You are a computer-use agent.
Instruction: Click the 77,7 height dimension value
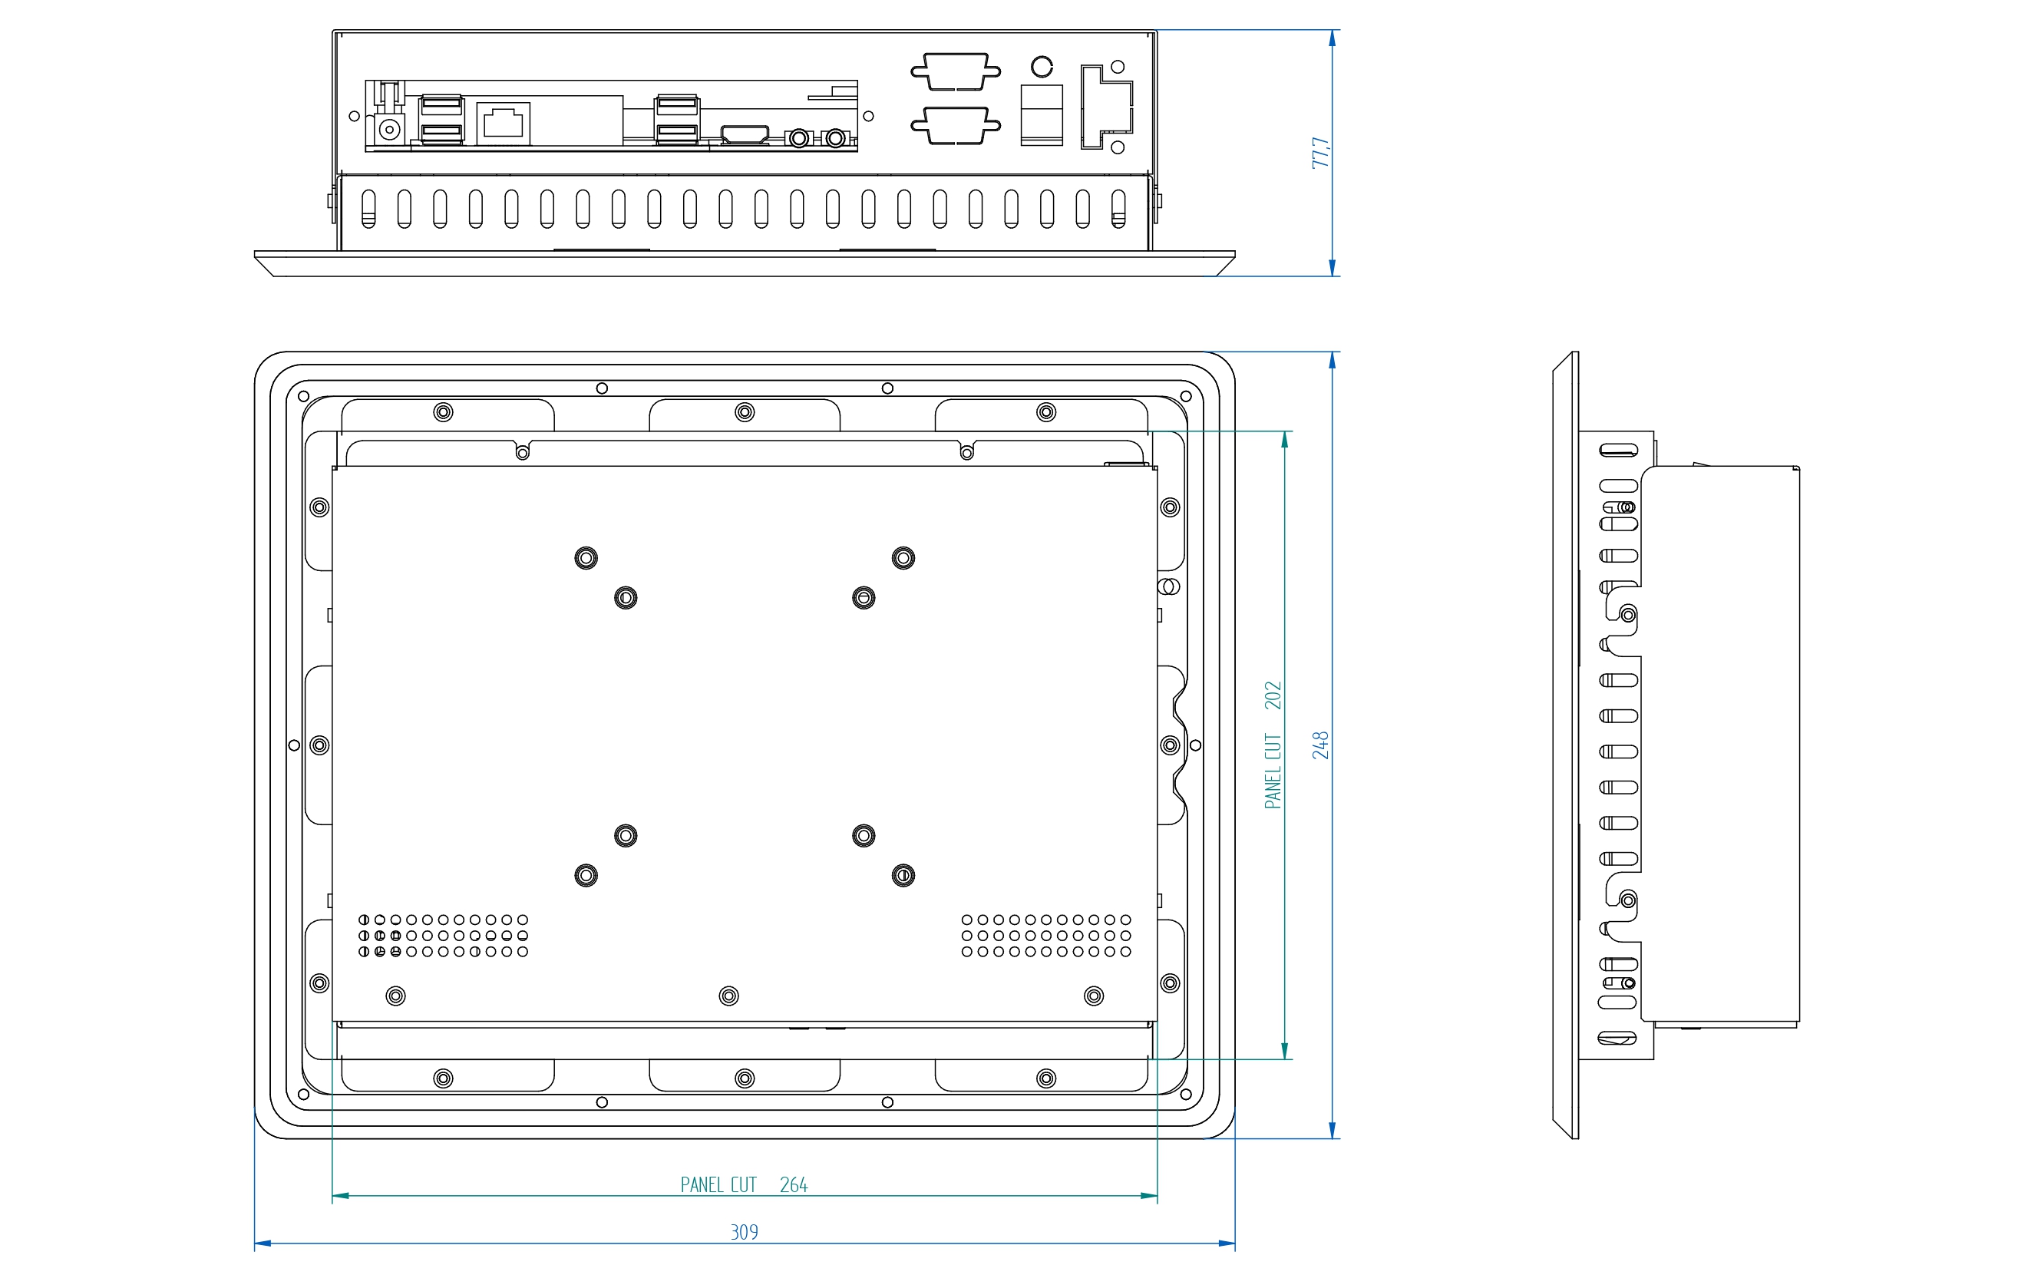click(x=1321, y=153)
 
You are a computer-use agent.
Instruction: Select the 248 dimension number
click(x=1321, y=745)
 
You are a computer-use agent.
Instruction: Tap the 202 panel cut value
click(x=1273, y=695)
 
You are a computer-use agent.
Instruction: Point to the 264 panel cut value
click(x=794, y=1184)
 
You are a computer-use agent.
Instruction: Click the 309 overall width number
click(x=745, y=1232)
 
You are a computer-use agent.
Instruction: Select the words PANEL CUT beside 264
click(x=718, y=1184)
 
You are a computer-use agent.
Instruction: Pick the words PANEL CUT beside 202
click(x=1273, y=771)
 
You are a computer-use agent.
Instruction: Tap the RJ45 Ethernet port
click(x=504, y=124)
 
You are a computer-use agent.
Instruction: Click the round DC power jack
click(x=389, y=130)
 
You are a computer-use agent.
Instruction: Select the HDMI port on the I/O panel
click(x=745, y=134)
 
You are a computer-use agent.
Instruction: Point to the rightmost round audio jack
click(x=836, y=138)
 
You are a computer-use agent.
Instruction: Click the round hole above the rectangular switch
click(x=1042, y=66)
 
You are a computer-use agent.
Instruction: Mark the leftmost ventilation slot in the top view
click(x=368, y=208)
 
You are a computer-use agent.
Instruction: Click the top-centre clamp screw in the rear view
click(x=745, y=411)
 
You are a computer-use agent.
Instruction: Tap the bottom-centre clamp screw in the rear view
click(x=745, y=1078)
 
